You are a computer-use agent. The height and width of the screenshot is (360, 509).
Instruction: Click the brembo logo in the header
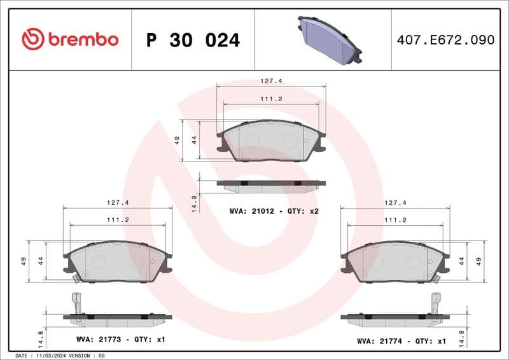click(70, 39)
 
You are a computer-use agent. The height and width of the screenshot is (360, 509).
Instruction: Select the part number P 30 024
click(193, 40)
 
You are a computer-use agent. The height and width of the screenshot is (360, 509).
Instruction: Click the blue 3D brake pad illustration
click(329, 39)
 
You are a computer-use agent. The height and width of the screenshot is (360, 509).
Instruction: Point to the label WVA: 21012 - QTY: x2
click(274, 210)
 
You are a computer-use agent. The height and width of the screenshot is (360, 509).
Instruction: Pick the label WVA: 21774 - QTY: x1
click(401, 341)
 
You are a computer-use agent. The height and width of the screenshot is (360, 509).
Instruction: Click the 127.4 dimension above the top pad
click(271, 81)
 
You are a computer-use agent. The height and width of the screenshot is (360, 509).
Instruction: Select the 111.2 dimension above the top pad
click(271, 100)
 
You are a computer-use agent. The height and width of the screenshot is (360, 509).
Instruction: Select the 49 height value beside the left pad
click(23, 261)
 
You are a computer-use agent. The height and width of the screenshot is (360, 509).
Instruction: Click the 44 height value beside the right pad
click(461, 261)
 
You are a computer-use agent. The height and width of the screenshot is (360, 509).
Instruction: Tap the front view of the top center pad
click(271, 141)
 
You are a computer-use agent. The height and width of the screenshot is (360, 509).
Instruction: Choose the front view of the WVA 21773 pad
click(118, 261)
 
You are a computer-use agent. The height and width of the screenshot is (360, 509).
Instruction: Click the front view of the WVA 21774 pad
click(395, 261)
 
